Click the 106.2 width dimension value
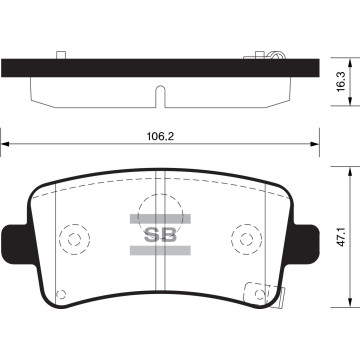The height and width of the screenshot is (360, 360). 161,136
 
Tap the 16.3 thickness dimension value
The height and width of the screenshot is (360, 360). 341,82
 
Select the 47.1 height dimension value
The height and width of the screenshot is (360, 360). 340,237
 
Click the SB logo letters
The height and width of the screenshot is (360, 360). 160,236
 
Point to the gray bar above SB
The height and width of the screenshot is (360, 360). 160,219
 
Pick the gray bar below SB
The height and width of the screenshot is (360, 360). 160,250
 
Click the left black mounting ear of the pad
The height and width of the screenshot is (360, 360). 17,244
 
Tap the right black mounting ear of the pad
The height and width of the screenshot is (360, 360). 304,244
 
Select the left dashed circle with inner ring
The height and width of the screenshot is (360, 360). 74,239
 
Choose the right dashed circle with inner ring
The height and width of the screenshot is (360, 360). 247,239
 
